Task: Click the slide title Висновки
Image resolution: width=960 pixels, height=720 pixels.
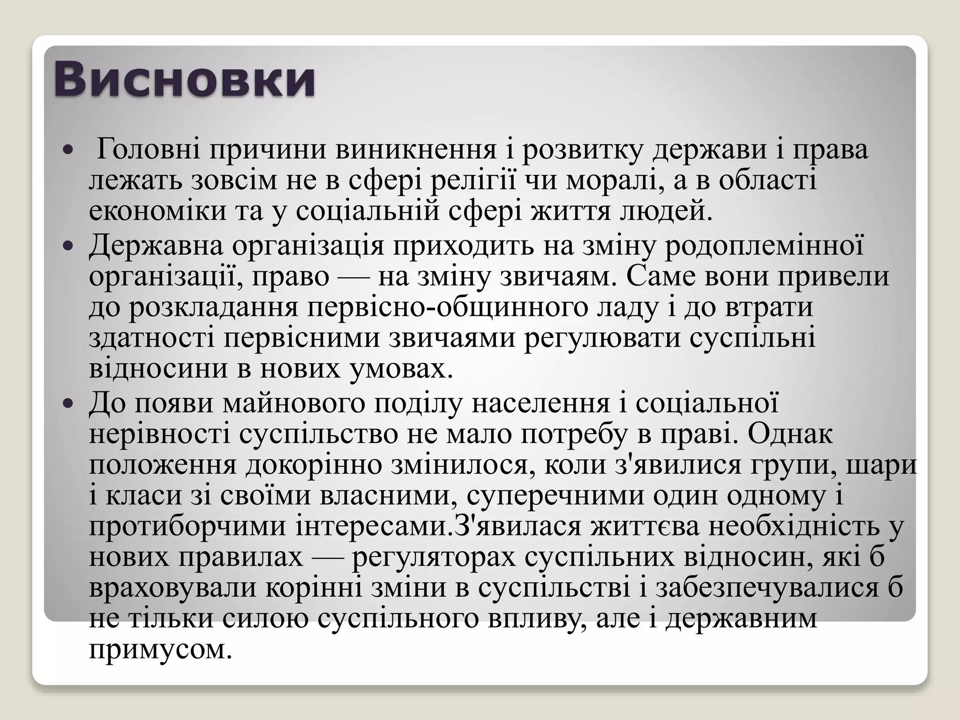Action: [x=184, y=80]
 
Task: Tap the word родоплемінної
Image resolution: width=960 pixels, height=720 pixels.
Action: [x=764, y=245]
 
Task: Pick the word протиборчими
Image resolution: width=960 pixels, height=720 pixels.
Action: [x=187, y=526]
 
